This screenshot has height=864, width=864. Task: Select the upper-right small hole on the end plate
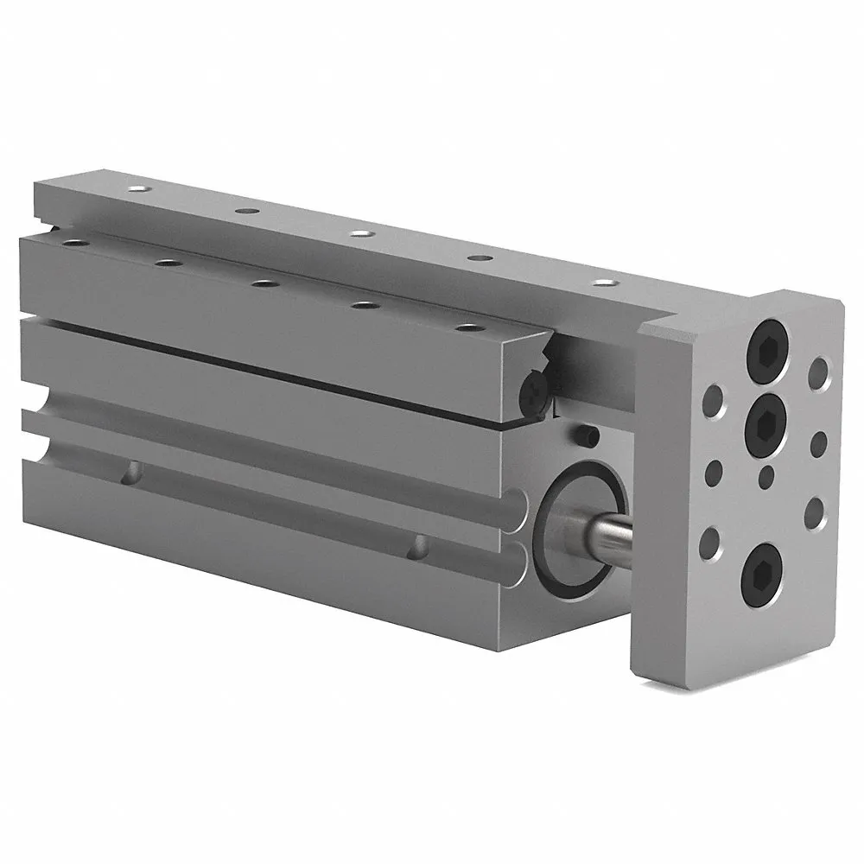click(818, 379)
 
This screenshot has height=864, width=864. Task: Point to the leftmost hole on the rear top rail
click(134, 188)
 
